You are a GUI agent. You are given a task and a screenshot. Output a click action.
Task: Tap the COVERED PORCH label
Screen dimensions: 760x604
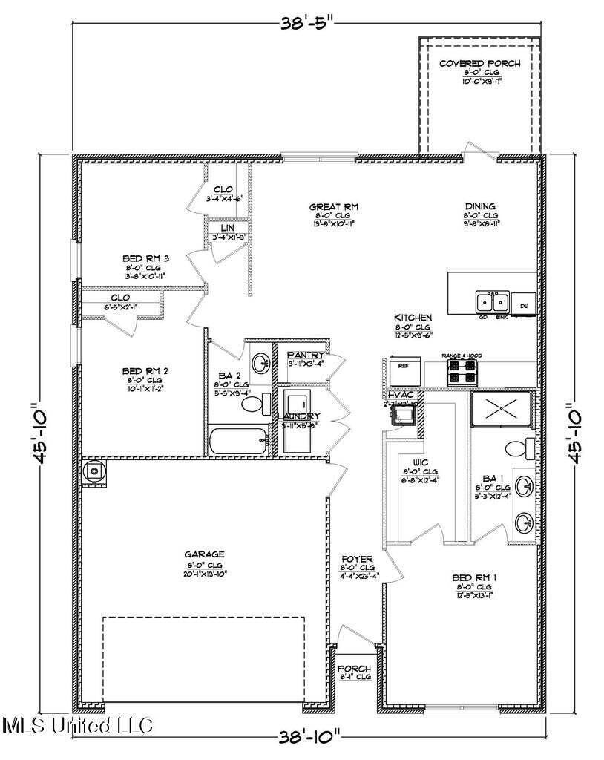[479, 64]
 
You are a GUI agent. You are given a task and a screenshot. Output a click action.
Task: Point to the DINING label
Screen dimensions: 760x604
[480, 206]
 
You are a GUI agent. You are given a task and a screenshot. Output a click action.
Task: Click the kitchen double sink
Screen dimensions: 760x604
[490, 302]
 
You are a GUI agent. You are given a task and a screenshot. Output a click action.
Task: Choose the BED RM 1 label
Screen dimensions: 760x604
[475, 577]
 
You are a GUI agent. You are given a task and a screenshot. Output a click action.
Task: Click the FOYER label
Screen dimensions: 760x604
[357, 559]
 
